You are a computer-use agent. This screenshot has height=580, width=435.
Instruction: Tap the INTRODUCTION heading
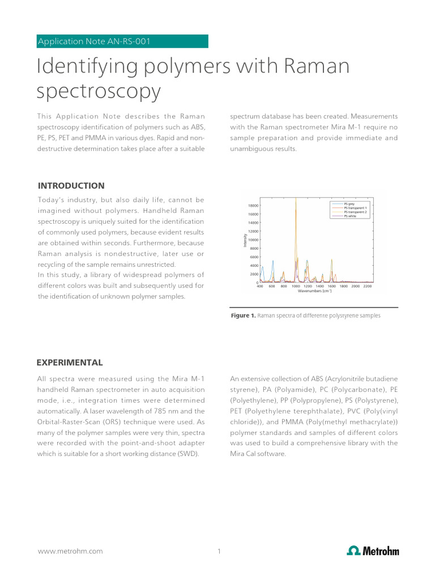tap(71, 186)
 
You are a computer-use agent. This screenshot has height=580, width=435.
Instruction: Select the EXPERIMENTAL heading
tap(70, 362)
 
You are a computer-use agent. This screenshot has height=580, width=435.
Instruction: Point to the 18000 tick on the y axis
tap(253, 206)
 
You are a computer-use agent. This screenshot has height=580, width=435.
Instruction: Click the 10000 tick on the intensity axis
tap(253, 240)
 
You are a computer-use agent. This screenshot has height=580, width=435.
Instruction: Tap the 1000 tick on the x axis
tap(296, 287)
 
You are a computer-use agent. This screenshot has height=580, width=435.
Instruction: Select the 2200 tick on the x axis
tap(367, 287)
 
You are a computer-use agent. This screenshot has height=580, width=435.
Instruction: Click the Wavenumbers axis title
tap(315, 291)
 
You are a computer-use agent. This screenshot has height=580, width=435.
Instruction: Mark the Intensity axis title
tap(245, 241)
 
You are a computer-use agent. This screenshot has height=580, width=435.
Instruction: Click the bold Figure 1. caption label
tap(243, 315)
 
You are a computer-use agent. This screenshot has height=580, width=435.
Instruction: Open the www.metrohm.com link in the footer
tap(70, 551)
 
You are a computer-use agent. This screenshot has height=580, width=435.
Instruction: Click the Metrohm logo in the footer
tap(373, 551)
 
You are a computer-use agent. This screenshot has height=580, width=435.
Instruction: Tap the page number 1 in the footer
tap(219, 551)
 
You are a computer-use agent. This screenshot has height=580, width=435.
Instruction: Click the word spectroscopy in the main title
tap(99, 91)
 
